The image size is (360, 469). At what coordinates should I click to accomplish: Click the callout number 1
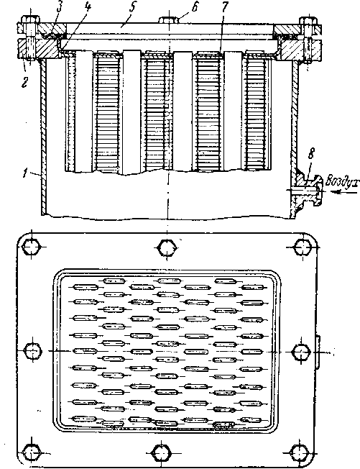pos(26,173)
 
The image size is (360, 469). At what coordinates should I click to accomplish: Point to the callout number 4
pos(87,7)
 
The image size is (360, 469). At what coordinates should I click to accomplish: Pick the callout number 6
pos(195,7)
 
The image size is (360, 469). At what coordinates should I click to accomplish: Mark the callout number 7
pos(224,7)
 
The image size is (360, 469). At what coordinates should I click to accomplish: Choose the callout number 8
pos(311,154)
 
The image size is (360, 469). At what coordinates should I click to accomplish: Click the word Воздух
pos(342,181)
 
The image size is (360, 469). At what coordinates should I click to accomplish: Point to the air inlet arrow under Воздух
pos(345,192)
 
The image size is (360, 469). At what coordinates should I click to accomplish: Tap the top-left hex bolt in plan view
pos(31,247)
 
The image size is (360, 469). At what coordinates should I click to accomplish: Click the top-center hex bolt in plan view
pos(167,247)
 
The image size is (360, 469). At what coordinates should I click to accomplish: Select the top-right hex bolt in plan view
pos(303,247)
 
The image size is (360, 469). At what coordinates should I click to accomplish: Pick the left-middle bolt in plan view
pos(32,351)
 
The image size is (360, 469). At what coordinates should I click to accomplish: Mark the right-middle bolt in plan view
pos(301,352)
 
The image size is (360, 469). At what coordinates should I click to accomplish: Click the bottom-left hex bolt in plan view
pos(31,453)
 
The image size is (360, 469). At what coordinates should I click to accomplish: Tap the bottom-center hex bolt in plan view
pos(162,453)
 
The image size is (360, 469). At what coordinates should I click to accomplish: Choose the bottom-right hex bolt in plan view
pos(300,453)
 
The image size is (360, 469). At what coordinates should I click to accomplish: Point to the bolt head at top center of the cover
pos(169,20)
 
